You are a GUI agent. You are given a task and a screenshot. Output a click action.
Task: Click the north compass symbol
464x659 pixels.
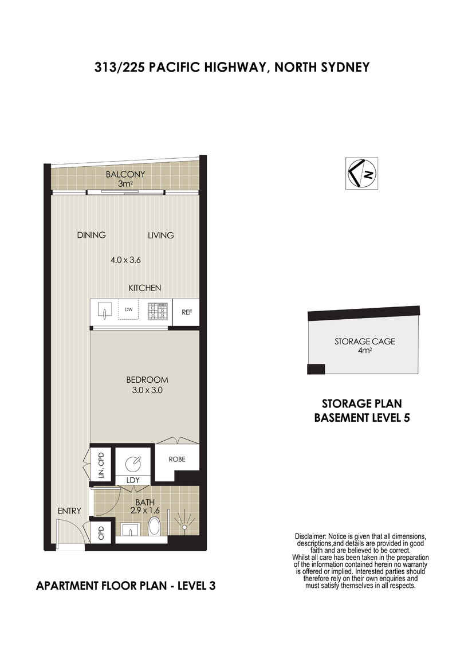361,173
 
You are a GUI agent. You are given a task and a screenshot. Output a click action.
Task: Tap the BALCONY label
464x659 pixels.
125,174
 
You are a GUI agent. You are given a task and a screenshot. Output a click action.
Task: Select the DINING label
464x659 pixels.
91,236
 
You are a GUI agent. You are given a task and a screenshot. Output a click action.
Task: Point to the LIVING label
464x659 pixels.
161,236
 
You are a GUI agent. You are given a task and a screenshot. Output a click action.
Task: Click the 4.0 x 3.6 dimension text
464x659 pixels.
125,260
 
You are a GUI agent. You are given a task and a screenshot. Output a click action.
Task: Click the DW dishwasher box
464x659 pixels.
129,310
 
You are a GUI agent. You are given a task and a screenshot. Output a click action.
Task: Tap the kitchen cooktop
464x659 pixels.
158,311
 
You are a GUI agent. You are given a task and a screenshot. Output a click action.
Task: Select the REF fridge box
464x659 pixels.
187,312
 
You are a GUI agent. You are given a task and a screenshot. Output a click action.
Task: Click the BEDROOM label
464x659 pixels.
147,380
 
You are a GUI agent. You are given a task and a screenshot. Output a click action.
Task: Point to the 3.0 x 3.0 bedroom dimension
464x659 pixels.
147,390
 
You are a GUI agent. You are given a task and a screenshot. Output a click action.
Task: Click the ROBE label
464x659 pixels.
177,460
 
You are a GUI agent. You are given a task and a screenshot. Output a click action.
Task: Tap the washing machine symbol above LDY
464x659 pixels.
133,464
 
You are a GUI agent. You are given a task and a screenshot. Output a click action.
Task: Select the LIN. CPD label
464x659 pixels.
101,465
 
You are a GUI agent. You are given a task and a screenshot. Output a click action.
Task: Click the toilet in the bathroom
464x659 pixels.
155,527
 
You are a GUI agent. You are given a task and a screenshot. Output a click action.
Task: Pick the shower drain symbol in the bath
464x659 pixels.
184,527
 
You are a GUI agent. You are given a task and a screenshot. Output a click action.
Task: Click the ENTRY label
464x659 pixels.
69,511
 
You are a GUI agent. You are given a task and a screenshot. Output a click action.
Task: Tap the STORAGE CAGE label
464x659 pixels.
365,342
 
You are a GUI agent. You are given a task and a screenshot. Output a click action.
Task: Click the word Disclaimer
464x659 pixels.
310,537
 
